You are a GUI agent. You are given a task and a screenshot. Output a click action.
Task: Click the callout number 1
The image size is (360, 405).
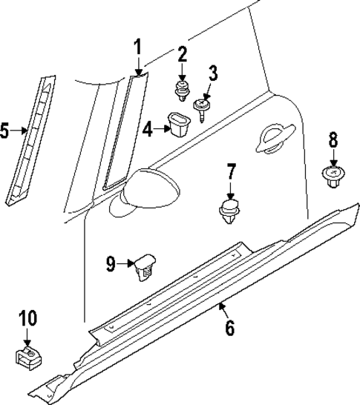pos(137,47)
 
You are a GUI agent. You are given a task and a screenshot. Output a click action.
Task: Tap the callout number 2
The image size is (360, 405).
pos(182,54)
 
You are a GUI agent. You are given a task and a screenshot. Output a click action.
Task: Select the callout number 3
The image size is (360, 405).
pos(212,73)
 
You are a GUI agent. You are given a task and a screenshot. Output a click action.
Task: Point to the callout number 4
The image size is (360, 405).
pos(148,130)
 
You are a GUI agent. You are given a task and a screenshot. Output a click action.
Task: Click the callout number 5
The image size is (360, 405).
pos(5,132)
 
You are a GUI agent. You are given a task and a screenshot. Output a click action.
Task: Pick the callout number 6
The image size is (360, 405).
pos(229,326)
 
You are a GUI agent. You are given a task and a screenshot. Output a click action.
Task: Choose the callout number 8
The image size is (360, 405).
pos(333,139)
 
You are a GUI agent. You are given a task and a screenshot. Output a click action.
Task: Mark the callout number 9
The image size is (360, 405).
pos(111,263)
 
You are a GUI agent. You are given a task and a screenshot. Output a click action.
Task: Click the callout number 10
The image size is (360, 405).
pos(27,319)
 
